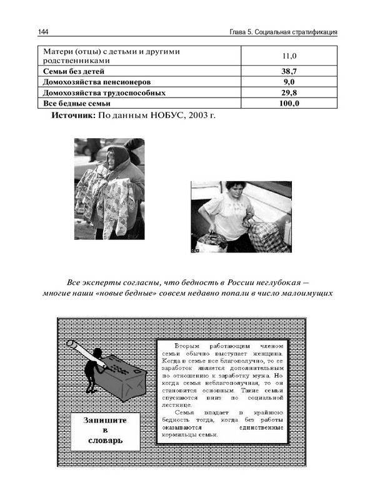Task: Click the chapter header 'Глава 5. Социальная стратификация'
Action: pos(284,32)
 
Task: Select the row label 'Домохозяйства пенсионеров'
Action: pos(97,82)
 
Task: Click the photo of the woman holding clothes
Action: pos(109,189)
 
